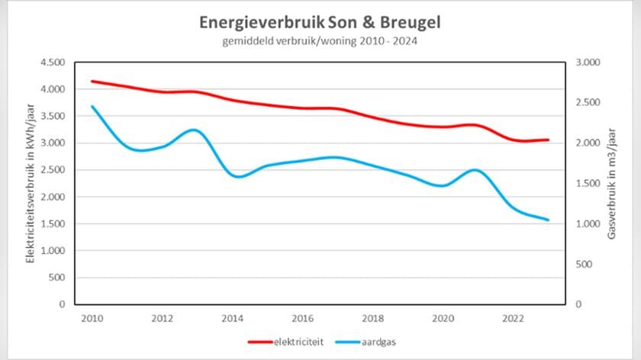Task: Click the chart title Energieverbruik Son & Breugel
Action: (x=320, y=22)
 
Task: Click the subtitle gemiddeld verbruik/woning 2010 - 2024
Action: (x=320, y=41)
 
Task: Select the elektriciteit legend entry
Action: (x=294, y=342)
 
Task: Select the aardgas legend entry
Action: (x=379, y=342)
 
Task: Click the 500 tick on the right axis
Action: (x=582, y=264)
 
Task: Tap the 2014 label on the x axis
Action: (x=231, y=318)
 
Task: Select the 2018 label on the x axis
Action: (x=372, y=318)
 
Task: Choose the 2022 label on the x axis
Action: (x=512, y=318)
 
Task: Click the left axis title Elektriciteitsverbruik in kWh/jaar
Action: (x=31, y=183)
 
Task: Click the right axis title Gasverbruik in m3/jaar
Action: (x=611, y=183)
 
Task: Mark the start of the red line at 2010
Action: (x=91, y=81)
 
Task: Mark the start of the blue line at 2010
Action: (x=91, y=106)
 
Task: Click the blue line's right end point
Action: (x=548, y=220)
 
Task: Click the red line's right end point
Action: (x=548, y=140)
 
